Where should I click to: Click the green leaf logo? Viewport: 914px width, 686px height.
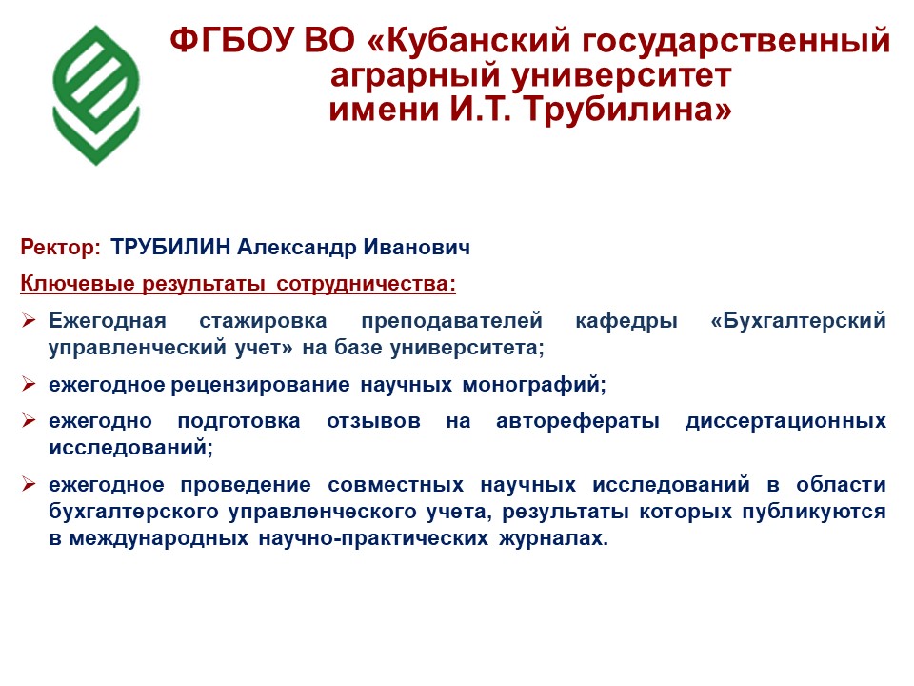pyautogui.click(x=96, y=95)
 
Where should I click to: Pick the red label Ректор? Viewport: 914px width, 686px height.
pyautogui.click(x=61, y=248)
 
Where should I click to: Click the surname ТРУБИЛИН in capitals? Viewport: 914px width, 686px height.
pyautogui.click(x=170, y=248)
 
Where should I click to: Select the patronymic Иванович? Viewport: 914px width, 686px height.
pyautogui.click(x=417, y=248)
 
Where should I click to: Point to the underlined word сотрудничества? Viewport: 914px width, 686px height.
pyautogui.click(x=366, y=284)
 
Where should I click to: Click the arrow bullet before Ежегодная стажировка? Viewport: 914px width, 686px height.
pyautogui.click(x=29, y=320)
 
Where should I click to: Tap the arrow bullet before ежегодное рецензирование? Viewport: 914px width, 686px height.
pyautogui.click(x=29, y=384)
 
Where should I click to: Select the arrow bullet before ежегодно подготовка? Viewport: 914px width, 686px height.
pyautogui.click(x=29, y=420)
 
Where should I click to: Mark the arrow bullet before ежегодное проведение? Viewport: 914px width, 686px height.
pyautogui.click(x=29, y=484)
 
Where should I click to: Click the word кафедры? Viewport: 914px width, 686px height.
pyautogui.click(x=626, y=321)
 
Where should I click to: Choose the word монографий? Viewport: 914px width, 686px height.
pyautogui.click(x=534, y=384)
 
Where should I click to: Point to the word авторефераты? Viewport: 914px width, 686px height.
pyautogui.click(x=578, y=421)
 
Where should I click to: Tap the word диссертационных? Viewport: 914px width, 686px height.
pyautogui.click(x=785, y=421)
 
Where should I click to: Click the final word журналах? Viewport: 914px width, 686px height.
pyautogui.click(x=554, y=537)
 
